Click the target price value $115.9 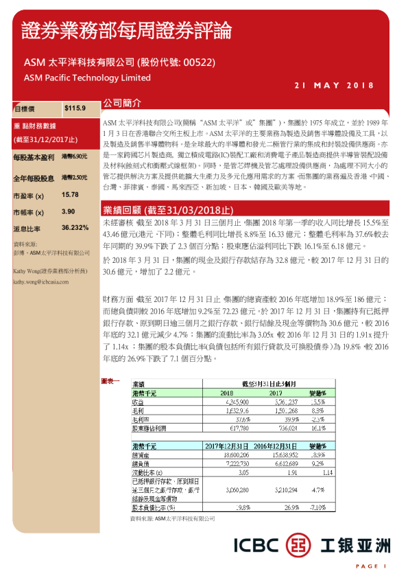(74, 108)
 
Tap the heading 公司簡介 (121, 102)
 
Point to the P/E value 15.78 (70, 195)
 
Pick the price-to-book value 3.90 (68, 211)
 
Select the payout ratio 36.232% (75, 227)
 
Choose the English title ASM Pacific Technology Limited (87, 78)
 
